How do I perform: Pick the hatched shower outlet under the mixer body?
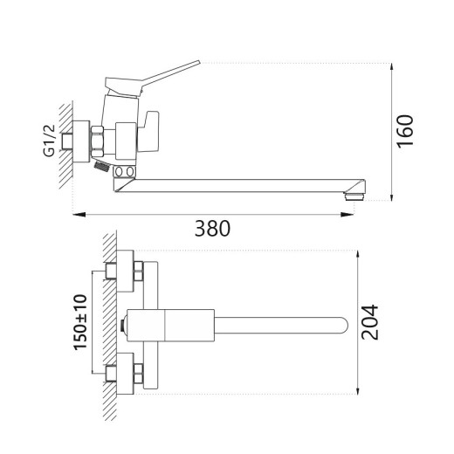pos(102,163)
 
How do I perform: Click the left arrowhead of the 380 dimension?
pos(76,213)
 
